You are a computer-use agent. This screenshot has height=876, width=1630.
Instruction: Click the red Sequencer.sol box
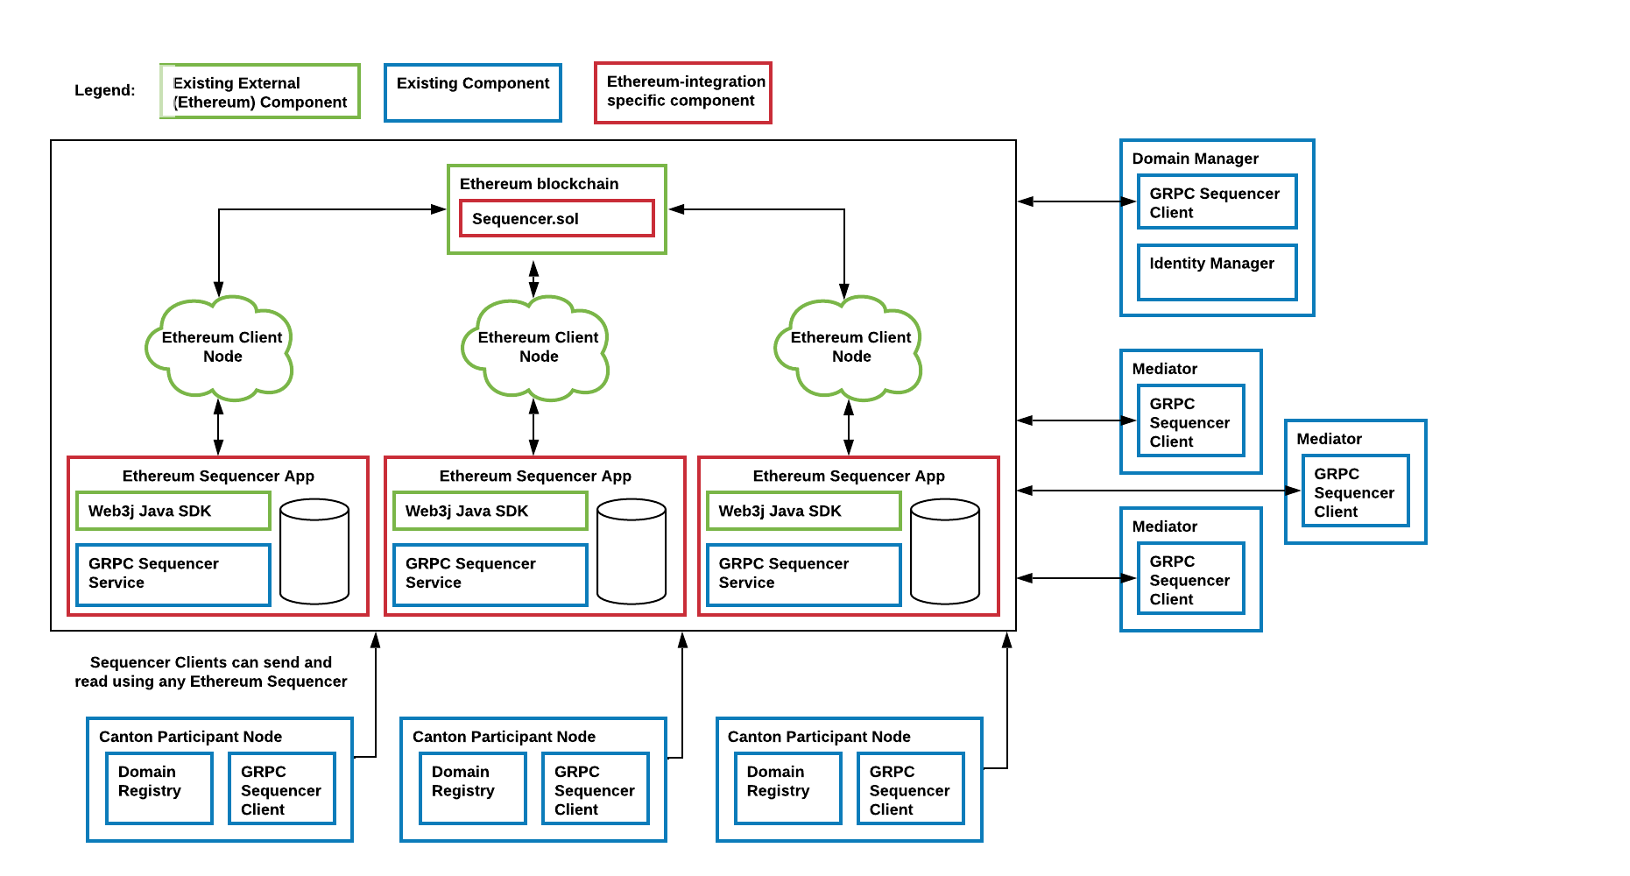pyautogui.click(x=556, y=218)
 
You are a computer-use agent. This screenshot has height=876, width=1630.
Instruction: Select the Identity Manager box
pyautogui.click(x=1217, y=272)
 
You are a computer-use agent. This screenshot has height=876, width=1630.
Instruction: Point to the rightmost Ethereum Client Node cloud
pyautogui.click(x=850, y=348)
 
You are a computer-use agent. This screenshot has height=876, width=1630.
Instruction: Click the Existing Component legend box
pyautogui.click(x=472, y=92)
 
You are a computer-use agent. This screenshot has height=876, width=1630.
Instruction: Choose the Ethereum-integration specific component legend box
pyautogui.click(x=682, y=92)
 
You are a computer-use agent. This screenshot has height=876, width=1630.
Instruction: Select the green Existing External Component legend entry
pyautogui.click(x=260, y=91)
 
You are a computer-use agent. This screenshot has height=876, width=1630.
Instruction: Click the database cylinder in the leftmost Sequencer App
pyautogui.click(x=314, y=551)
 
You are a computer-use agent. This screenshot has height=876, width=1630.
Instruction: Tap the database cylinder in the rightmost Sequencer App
pyautogui.click(x=944, y=551)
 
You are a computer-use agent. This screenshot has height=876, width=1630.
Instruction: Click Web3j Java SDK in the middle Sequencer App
pyautogui.click(x=490, y=511)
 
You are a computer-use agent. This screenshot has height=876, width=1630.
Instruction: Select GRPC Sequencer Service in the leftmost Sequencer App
pyautogui.click(x=173, y=574)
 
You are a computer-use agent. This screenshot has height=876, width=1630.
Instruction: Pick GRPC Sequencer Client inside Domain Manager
pyautogui.click(x=1217, y=202)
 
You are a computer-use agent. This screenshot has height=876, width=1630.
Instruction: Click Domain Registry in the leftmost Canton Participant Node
pyautogui.click(x=159, y=788)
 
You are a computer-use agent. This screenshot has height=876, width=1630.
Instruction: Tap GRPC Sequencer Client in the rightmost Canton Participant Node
pyautogui.click(x=910, y=788)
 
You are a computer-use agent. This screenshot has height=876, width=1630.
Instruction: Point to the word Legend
pyautogui.click(x=104, y=90)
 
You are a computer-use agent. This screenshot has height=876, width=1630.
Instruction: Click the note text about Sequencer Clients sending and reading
pyautogui.click(x=210, y=672)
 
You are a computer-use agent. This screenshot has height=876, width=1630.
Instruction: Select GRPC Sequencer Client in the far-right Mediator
pyautogui.click(x=1355, y=491)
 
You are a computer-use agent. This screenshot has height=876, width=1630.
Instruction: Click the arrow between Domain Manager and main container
pyautogui.click(x=1076, y=201)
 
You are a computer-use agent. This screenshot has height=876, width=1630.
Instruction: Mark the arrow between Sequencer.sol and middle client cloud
pyautogui.click(x=533, y=279)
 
